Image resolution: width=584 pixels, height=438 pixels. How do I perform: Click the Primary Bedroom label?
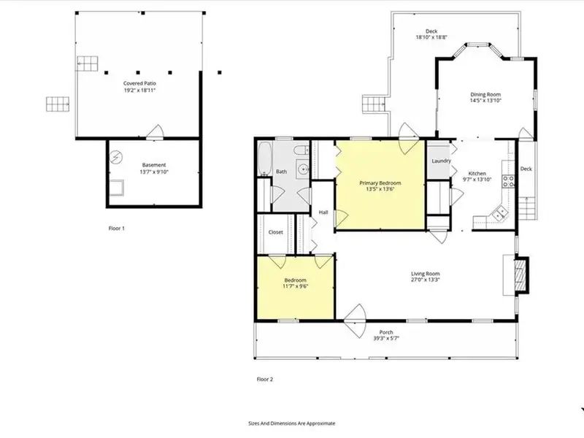pos(380,183)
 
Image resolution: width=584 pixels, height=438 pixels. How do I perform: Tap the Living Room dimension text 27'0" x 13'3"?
pos(426,280)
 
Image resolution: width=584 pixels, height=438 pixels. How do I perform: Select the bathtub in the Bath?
pos(265,158)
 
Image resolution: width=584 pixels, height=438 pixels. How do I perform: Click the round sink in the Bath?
pos(303,169)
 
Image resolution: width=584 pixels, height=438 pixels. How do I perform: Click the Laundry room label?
pos(442,161)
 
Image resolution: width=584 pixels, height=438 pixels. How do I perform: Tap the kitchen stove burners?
pos(509,181)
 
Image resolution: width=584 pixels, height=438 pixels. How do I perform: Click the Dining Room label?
pos(485,95)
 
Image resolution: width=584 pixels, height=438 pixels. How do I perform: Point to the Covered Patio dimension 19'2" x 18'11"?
pos(139,90)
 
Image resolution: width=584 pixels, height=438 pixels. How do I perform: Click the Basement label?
pos(154,165)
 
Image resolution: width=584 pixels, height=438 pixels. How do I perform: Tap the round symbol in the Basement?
pos(116,157)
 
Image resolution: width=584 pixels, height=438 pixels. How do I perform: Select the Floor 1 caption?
pos(117,228)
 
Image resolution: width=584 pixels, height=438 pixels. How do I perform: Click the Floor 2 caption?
pos(265,379)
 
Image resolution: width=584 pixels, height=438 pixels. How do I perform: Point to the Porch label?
pos(386,332)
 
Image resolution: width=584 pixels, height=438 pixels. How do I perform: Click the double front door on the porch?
pos(355,320)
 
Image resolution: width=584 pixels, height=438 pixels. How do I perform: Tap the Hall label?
pos(323,212)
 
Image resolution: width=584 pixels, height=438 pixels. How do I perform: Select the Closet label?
pos(276,232)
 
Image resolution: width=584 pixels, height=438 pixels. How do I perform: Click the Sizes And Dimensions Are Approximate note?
pos(291,423)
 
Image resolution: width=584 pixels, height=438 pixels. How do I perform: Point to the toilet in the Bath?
pos(301,150)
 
